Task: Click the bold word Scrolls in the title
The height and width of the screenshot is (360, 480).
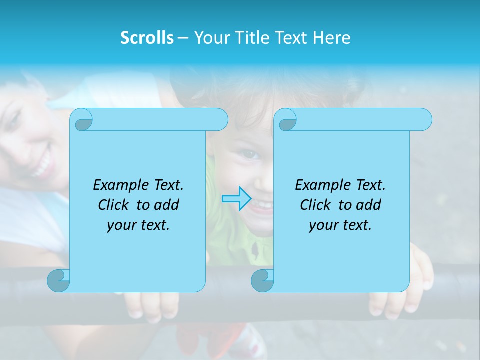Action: click(147, 38)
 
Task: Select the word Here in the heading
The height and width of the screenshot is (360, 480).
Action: click(331, 38)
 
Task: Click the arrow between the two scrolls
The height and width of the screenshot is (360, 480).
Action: click(236, 198)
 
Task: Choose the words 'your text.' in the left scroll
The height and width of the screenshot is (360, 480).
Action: click(138, 225)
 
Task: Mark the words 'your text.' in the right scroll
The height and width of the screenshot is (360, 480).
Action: click(340, 225)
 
